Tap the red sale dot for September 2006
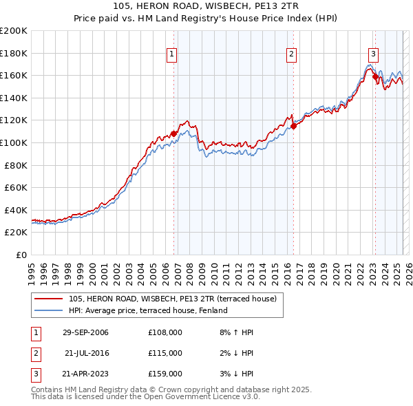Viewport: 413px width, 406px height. [173, 133]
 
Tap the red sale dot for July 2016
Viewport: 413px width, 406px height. [293, 126]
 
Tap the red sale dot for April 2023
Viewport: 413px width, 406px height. [375, 76]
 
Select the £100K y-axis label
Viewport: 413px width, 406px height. [13, 142]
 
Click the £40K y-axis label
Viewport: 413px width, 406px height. [16, 210]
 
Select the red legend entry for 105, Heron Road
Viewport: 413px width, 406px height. [172, 299]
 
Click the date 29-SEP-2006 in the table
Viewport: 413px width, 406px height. [85, 332]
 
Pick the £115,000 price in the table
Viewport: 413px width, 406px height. [165, 353]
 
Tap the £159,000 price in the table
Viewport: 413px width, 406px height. [165, 374]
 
